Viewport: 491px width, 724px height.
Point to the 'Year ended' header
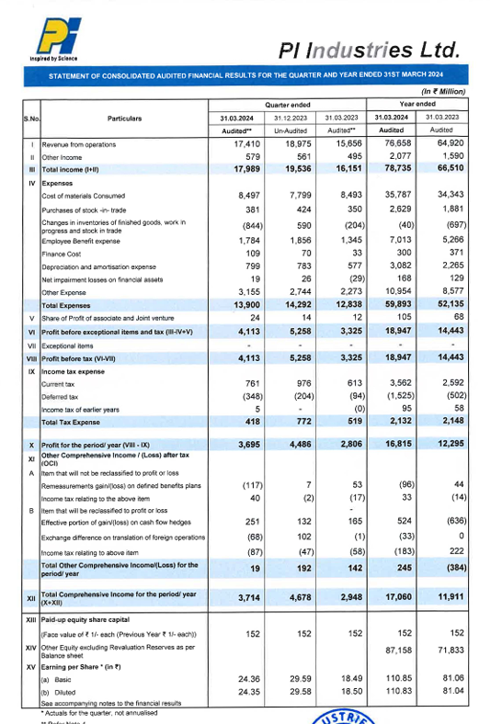417,104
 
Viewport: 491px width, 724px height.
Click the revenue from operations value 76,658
393,145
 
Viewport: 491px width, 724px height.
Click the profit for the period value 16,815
393,445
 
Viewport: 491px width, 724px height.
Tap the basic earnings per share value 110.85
393,681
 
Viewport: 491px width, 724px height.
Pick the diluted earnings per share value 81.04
447,693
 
